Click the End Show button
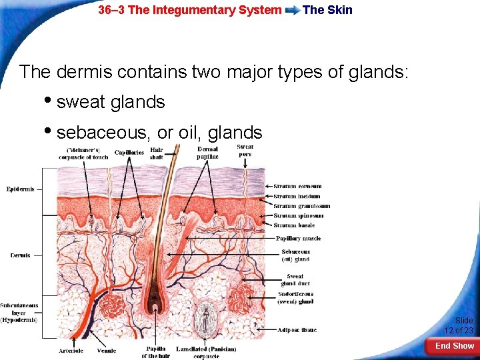click(454, 346)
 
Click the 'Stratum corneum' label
click(297, 186)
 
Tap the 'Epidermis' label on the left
click(20, 189)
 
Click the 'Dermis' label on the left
click(20, 255)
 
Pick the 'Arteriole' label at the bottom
click(71, 350)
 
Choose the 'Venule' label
click(106, 350)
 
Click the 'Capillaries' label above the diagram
click(129, 153)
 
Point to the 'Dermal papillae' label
click(207, 153)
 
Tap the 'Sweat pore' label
click(245, 150)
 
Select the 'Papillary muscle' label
click(298, 238)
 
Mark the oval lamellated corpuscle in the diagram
click(206, 316)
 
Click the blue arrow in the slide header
click(291, 11)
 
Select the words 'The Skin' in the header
click(327, 10)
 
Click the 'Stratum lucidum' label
click(297, 196)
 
